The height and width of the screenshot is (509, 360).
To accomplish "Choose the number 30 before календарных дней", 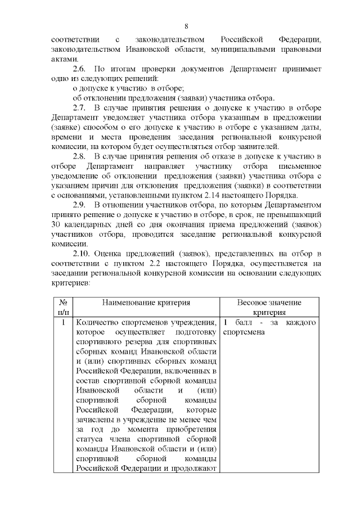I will pyautogui.click(x=56, y=233).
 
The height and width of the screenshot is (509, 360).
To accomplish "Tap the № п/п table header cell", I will pyautogui.click(x=63, y=307).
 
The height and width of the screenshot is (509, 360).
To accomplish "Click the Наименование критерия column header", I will pyautogui.click(x=146, y=303).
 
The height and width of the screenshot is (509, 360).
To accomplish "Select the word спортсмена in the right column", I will pyautogui.click(x=244, y=332).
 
